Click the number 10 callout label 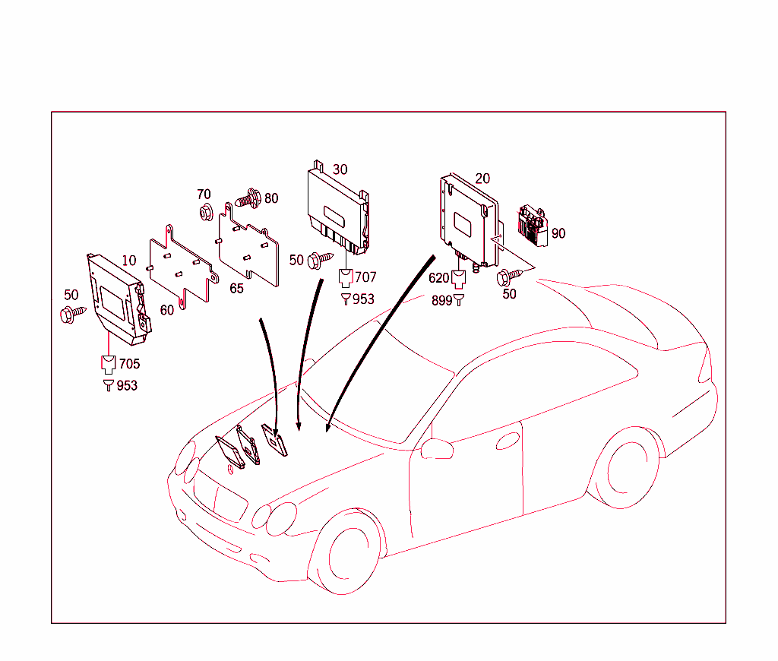pos(129,261)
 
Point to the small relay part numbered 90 pos(534,224)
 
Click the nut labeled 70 pos(204,213)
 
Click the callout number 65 pos(236,289)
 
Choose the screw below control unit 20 pos(508,277)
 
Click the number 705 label pos(129,364)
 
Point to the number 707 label pos(365,277)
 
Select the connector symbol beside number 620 pos(459,278)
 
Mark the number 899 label pos(441,301)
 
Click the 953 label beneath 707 pos(363,299)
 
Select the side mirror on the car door pos(437,448)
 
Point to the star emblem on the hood pos(227,469)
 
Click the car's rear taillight pos(706,366)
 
